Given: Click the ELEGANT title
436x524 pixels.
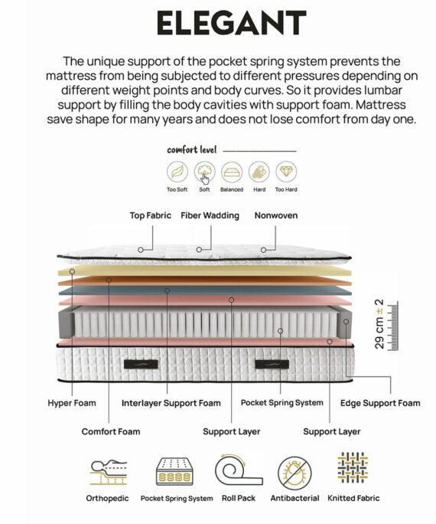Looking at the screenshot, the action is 232,22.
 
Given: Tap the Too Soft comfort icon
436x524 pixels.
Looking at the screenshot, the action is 177,172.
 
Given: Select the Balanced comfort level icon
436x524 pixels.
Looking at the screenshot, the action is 232,172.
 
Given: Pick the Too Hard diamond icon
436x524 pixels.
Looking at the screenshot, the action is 286,172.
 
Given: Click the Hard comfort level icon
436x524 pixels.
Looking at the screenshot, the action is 259,172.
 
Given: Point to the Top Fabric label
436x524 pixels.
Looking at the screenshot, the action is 151,215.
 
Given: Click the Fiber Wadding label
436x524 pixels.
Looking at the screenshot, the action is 210,215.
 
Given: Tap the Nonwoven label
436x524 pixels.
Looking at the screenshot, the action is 276,215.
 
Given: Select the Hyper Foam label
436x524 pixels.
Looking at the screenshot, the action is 72,403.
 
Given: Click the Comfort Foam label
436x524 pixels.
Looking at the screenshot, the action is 111,431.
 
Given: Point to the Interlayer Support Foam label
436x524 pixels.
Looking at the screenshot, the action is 171,404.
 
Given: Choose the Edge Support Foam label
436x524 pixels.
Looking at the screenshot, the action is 380,404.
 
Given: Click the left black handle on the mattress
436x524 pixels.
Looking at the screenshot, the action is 141,364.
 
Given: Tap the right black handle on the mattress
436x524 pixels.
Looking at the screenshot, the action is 272,364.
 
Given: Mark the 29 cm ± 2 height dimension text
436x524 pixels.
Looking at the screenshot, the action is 379,324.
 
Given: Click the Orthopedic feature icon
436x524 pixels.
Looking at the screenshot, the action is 108,472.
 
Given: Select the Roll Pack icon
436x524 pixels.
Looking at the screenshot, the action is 239,470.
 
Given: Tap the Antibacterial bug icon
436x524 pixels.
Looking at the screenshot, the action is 294,473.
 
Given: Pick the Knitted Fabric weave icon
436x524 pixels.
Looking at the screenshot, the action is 353,468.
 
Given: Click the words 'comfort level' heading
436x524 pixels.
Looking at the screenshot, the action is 192,149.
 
